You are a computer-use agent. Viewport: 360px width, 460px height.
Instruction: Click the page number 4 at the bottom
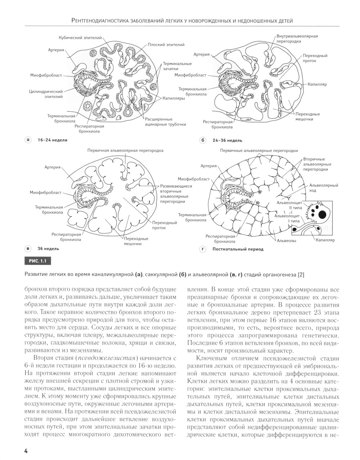[x=26, y=451]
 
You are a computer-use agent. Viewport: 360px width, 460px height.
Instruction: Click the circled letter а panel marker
[x=27, y=140]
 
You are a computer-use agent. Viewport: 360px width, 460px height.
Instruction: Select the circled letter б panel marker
[x=202, y=140]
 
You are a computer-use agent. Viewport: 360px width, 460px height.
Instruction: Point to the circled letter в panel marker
[x=27, y=248]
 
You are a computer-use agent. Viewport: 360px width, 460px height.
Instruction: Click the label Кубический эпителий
[x=80, y=38]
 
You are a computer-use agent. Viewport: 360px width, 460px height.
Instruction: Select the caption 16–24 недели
[x=52, y=140]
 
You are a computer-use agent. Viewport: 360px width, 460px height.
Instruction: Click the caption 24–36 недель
[x=227, y=140]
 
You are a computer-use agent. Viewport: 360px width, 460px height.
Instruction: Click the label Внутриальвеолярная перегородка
[x=297, y=39]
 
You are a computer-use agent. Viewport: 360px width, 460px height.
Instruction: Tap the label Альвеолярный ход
[x=324, y=188]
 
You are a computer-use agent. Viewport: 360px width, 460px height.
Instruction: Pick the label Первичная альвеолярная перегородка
[x=123, y=150]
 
